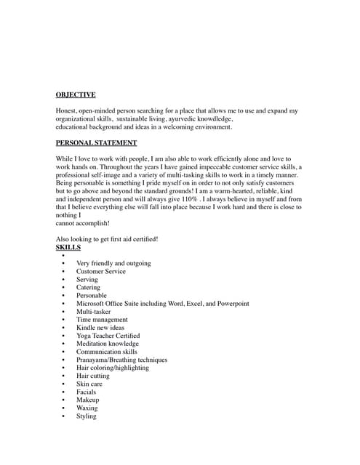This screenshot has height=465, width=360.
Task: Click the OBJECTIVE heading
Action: [76, 94]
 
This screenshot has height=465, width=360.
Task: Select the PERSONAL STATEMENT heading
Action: [96, 143]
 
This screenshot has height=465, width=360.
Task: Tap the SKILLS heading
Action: [68, 248]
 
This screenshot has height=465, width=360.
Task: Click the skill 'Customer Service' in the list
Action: [100, 272]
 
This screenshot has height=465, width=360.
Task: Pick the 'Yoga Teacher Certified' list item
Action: [108, 336]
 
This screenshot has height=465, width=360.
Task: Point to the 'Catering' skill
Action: [89, 288]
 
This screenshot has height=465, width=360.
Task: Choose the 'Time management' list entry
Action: [102, 320]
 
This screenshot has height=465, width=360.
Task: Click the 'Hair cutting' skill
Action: [93, 376]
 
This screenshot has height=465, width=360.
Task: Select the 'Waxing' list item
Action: [87, 408]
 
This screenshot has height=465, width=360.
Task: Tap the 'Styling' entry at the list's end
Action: [86, 416]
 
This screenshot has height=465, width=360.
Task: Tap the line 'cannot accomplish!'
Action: [82, 223]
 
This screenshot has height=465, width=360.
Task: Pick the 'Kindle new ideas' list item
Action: [100, 328]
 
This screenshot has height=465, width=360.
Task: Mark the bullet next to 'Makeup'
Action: [63, 400]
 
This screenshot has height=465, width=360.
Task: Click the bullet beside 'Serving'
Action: [63, 280]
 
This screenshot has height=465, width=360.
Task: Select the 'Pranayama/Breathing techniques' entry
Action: [121, 360]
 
